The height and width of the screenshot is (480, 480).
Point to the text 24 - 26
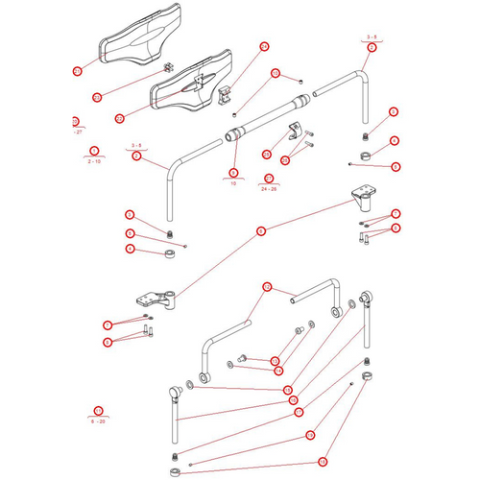tap(269, 189)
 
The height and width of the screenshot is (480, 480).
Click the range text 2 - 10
tap(94, 161)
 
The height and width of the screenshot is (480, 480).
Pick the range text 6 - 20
tap(97, 420)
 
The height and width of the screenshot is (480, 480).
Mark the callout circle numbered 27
tap(75, 121)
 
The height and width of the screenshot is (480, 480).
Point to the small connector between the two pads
tap(166, 67)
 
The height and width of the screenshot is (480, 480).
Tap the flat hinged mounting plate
tap(155, 301)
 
